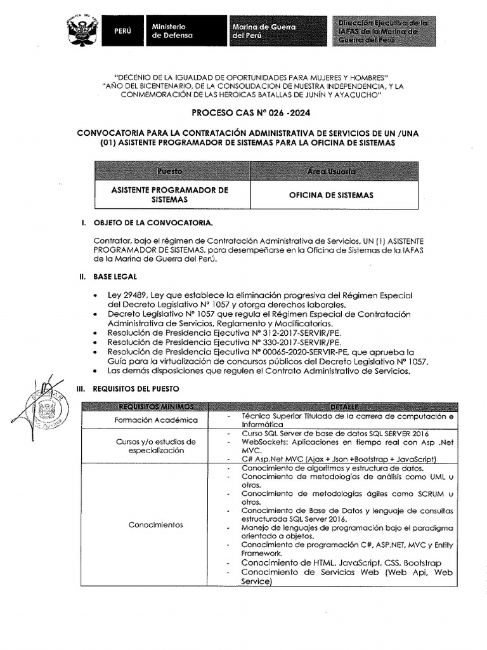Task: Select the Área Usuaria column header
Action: tap(331, 171)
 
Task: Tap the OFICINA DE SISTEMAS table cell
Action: tap(331, 195)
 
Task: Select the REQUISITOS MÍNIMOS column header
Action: tap(155, 406)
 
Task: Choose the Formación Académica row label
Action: tap(156, 420)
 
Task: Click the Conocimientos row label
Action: tap(156, 525)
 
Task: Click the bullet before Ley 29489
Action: tap(94, 296)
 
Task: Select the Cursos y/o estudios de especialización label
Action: tap(156, 446)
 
